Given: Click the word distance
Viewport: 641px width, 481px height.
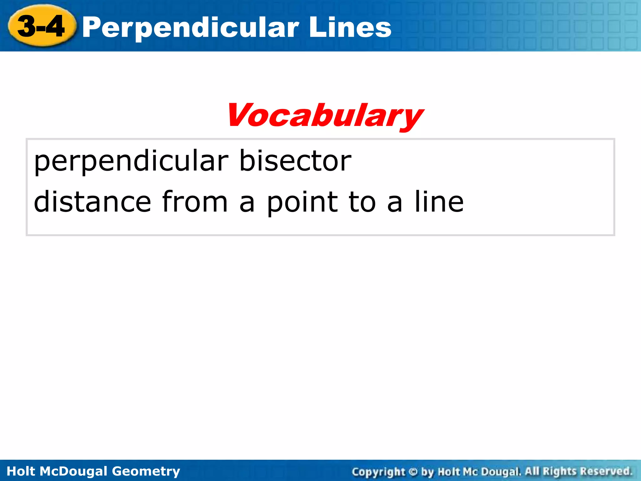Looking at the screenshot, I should [x=92, y=202].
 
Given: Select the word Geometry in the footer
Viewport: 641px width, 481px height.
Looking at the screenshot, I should [x=146, y=471].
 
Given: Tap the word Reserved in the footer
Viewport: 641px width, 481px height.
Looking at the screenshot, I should [x=605, y=471].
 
